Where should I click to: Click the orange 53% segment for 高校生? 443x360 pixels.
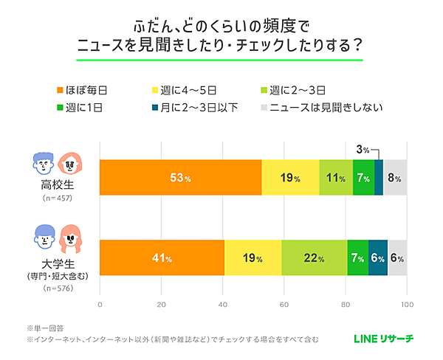click(180, 178)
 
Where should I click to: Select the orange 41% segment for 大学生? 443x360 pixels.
click(162, 258)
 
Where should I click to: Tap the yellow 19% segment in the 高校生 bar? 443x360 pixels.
click(290, 178)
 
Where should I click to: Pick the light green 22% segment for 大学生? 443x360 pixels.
click(314, 258)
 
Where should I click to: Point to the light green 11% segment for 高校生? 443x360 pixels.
click(336, 178)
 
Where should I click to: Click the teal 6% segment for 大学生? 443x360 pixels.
click(378, 258)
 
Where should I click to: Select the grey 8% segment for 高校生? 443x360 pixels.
click(395, 178)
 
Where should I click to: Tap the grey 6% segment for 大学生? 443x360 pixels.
click(397, 258)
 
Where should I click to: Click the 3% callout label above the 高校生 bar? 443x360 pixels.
click(363, 150)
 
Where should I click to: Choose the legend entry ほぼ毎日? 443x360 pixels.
click(83, 90)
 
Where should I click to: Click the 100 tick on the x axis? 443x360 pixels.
click(406, 304)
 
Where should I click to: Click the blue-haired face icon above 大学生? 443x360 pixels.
click(44, 235)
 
